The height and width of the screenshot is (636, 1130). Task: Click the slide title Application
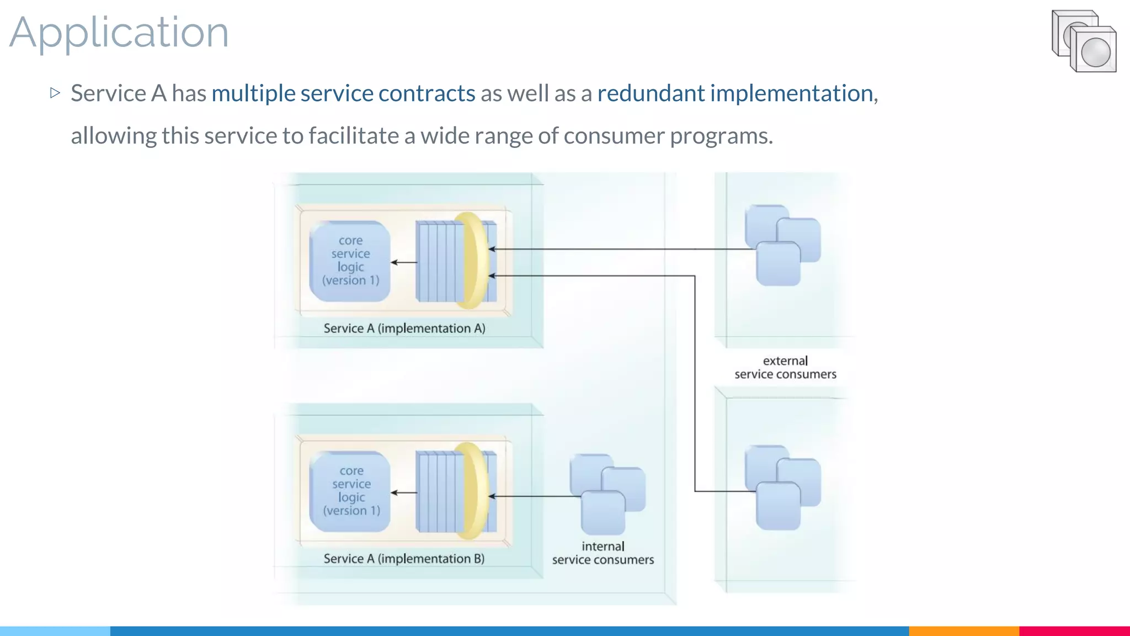coord(119,33)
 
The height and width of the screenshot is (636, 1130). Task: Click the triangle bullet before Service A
coord(55,93)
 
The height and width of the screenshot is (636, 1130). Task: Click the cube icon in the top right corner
coord(1084,41)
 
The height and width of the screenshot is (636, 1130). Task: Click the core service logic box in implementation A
coord(350,261)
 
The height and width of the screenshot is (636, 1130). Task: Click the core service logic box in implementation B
coord(350,491)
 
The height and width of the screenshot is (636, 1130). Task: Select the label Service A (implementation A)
coord(404,328)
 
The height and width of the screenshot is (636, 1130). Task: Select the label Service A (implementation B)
coord(404,559)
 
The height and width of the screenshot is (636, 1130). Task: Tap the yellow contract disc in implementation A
coord(472,261)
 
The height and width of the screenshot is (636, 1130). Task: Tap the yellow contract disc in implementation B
coord(472,491)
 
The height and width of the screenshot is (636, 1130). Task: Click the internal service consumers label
coord(603,553)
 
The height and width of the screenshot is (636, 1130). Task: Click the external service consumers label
coord(785,368)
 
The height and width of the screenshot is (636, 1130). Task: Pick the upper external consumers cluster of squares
coord(782,245)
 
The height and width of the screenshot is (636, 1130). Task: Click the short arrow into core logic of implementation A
coord(404,262)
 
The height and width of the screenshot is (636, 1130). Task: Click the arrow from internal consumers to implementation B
coord(535,496)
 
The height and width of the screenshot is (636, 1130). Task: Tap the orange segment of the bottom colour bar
coord(963,631)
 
